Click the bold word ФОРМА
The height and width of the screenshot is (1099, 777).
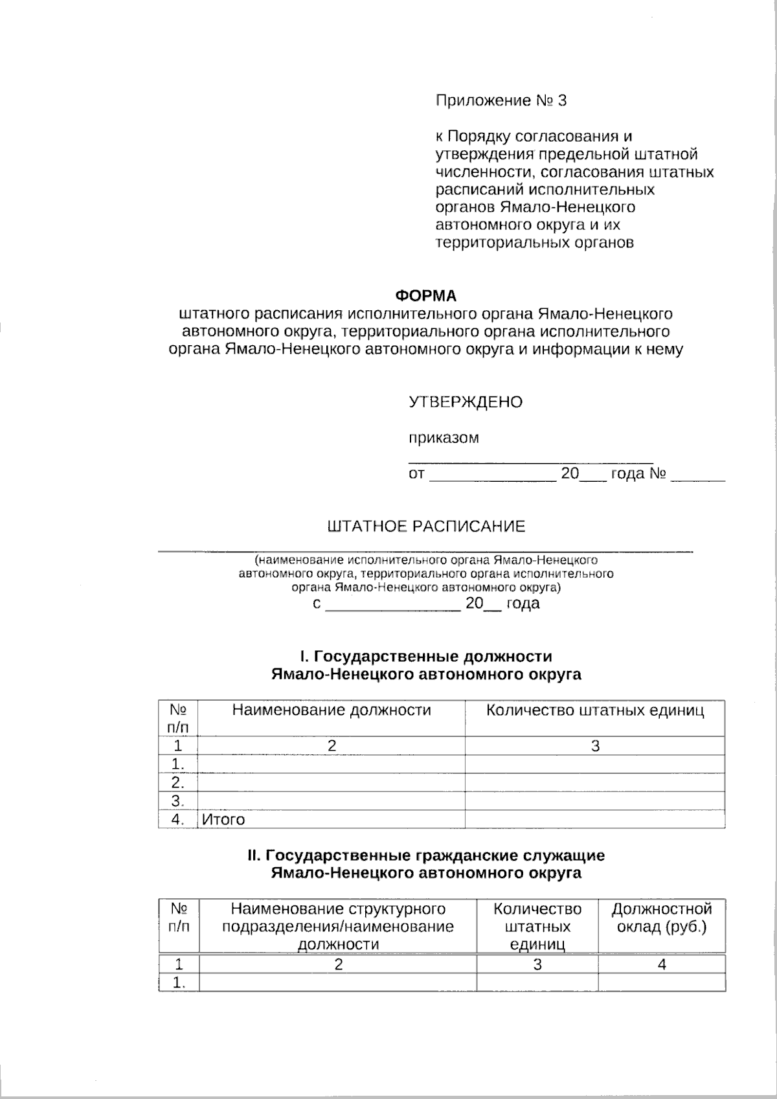pos(425,296)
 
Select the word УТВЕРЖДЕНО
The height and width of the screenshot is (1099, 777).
pos(465,402)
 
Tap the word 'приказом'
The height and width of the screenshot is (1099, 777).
pos(444,438)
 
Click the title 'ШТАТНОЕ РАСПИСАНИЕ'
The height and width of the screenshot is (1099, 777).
pos(426,527)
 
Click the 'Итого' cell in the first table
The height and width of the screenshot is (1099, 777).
pos(223,819)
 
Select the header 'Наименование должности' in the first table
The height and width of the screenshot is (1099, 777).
pos(332,710)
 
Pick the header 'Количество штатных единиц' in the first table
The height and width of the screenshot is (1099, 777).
pos(594,710)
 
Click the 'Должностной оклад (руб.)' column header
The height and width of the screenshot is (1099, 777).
pos(661,918)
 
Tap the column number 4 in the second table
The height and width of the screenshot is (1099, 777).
pos(661,964)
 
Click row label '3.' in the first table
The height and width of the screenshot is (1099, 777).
pos(177,801)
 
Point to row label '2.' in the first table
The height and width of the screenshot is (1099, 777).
pos(177,783)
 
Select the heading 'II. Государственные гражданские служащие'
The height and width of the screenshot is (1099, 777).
pos(425,855)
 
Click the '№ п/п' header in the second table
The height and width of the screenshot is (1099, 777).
pos(179,918)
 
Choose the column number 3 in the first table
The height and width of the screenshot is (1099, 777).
pos(594,746)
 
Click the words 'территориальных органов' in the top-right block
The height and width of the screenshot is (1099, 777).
pos(534,243)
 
